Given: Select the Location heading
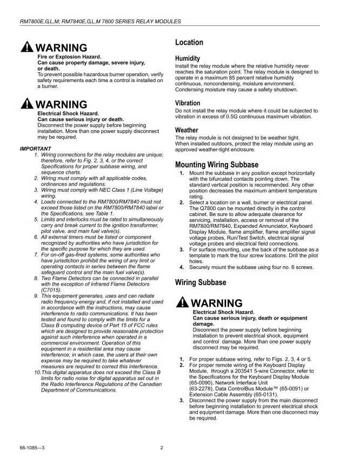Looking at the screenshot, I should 189,43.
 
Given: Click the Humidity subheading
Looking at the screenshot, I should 188,58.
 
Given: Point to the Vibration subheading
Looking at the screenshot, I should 188,103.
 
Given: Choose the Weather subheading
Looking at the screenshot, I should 186,130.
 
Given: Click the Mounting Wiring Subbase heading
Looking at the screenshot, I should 217,165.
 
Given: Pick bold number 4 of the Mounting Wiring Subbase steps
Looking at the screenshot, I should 182,267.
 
